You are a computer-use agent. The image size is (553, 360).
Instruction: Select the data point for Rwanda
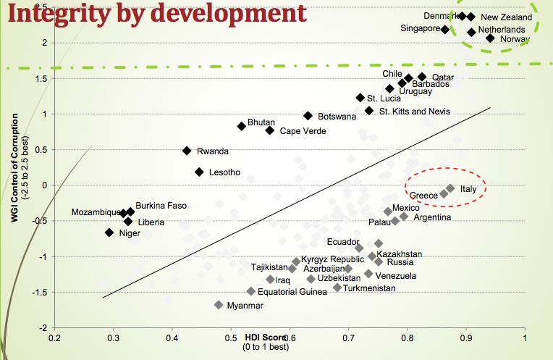click(x=187, y=151)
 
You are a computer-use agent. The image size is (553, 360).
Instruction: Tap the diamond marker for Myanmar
click(x=219, y=305)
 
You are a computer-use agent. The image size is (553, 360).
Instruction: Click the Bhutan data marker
click(x=242, y=126)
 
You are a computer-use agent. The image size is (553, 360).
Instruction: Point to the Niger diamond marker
click(x=109, y=233)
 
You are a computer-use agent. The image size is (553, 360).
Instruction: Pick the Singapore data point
click(x=445, y=30)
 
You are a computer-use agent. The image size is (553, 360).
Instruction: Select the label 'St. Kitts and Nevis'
click(x=414, y=112)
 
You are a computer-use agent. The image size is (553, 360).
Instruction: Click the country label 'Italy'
click(x=468, y=189)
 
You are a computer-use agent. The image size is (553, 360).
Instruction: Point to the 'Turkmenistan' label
click(x=369, y=288)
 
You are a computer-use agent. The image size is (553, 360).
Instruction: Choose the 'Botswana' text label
click(x=337, y=117)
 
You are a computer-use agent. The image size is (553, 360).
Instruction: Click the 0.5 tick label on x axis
click(x=231, y=337)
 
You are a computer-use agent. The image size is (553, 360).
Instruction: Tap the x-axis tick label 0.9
click(x=465, y=337)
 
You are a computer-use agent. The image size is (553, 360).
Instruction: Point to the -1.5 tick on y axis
click(x=41, y=292)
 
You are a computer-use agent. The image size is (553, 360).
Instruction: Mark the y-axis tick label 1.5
click(x=43, y=78)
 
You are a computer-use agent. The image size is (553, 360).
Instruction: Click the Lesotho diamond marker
click(x=199, y=172)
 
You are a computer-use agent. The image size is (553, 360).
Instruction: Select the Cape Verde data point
click(x=270, y=130)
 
